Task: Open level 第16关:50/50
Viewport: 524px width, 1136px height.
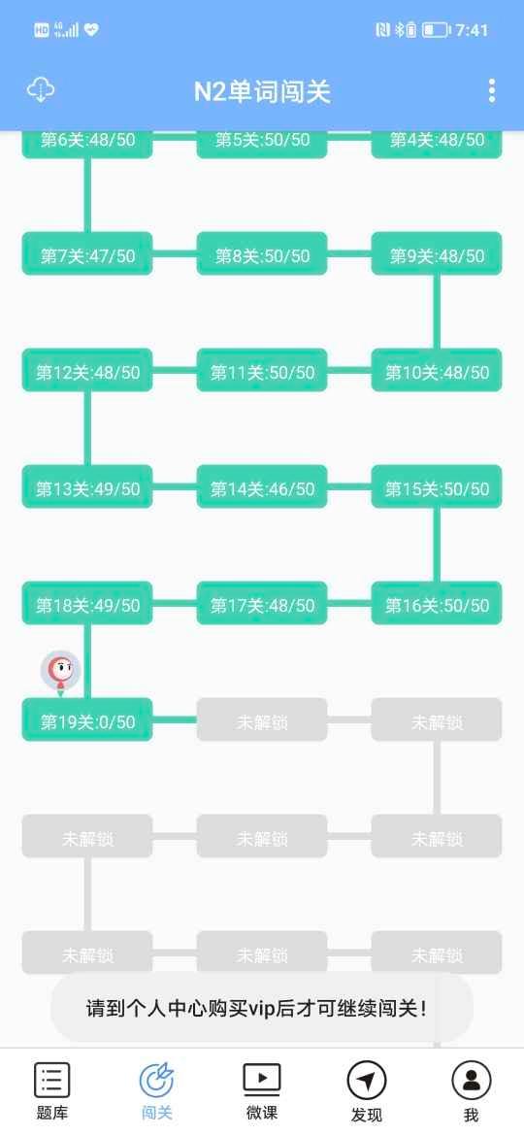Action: [437, 604]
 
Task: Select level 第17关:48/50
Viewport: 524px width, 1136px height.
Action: [262, 604]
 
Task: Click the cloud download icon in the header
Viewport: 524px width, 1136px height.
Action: [41, 90]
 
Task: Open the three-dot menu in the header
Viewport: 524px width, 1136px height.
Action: [491, 90]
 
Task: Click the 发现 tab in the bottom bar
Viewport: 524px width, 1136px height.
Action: [366, 1091]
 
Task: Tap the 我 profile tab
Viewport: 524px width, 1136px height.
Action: [472, 1091]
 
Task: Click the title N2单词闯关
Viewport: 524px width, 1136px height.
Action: [262, 92]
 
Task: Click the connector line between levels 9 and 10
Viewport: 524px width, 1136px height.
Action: [437, 312]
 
